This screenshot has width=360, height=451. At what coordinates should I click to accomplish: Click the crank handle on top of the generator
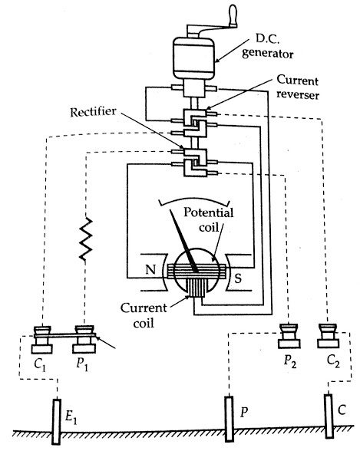click(x=233, y=16)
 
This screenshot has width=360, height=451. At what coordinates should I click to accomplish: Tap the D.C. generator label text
click(x=268, y=47)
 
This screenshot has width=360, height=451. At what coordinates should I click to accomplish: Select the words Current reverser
click(x=298, y=87)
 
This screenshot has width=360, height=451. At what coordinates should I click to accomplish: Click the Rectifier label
click(x=93, y=112)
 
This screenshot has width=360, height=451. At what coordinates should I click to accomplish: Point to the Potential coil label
click(x=208, y=219)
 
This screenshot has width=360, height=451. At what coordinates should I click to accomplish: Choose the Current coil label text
click(x=144, y=315)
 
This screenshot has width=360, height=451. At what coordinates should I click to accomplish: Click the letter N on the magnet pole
click(x=150, y=269)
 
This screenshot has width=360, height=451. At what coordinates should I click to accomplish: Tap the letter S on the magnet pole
click(x=238, y=278)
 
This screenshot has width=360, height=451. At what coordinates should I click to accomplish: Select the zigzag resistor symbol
click(x=86, y=239)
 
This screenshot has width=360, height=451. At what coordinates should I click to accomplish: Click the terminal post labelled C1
click(x=42, y=339)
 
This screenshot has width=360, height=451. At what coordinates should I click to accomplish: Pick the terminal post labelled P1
click(x=84, y=339)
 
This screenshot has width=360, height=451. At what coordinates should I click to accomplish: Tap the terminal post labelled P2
click(x=289, y=336)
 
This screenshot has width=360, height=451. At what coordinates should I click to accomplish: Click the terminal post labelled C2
click(x=328, y=336)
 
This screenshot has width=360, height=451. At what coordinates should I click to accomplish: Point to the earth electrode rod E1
click(x=56, y=421)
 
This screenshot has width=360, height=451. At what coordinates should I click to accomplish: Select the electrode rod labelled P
click(x=229, y=419)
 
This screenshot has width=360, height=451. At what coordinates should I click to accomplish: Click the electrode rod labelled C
click(x=329, y=416)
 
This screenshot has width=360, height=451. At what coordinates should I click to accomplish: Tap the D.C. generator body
click(x=194, y=58)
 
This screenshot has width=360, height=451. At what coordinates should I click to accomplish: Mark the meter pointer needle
click(x=183, y=240)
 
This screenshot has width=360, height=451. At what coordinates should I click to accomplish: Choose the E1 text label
click(x=71, y=416)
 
